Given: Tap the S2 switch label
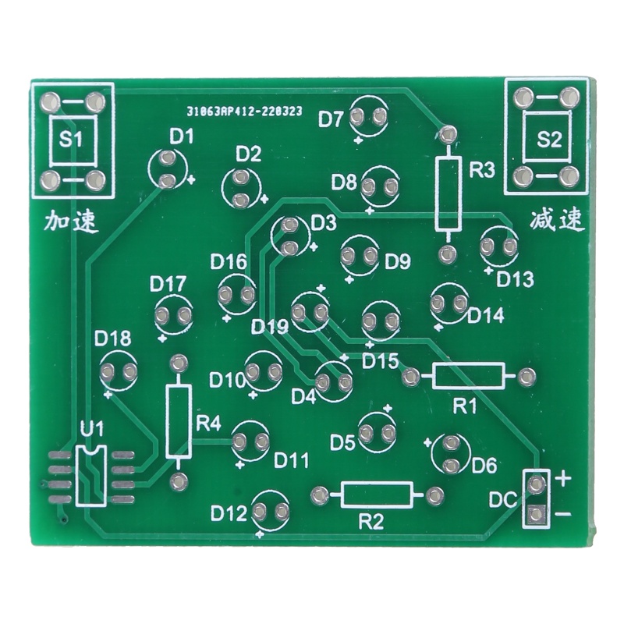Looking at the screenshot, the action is click(549, 140).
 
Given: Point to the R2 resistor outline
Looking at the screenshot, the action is click(377, 495).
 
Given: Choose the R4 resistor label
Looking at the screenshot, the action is click(208, 424).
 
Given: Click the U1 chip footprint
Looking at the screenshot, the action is click(92, 476).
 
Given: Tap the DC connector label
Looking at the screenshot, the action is click(502, 500).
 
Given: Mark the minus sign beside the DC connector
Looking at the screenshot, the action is click(564, 514).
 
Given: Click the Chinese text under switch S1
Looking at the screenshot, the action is click(71, 222).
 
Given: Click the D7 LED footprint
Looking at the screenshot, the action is click(369, 117).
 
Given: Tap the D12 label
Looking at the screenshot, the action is click(229, 513).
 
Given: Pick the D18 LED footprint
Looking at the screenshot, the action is click(118, 371).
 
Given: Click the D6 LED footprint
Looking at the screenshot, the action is click(450, 454).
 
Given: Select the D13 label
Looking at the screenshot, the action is click(515, 278).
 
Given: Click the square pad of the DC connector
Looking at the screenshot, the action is click(536, 514).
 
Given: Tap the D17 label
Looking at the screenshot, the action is click(168, 282).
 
